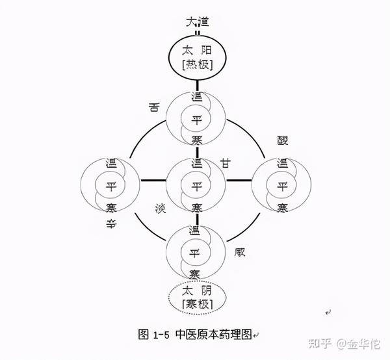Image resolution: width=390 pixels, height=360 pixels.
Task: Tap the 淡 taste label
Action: coord(160,209)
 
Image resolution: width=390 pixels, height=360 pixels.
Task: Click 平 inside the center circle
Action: coord(196,185)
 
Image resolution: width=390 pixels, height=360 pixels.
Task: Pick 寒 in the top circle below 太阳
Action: coord(196,140)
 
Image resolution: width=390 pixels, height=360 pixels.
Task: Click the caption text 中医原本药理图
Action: coord(216,334)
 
